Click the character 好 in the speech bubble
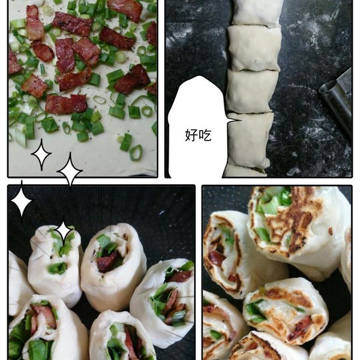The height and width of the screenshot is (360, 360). pyautogui.click(x=191, y=135)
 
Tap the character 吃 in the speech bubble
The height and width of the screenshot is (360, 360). pyautogui.click(x=205, y=135)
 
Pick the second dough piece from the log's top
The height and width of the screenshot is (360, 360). pyautogui.click(x=253, y=48)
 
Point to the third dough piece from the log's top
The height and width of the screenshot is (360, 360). pyautogui.click(x=252, y=91)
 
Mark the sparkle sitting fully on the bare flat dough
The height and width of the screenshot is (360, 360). pyautogui.click(x=41, y=155)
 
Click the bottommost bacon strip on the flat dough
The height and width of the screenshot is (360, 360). pyautogui.click(x=66, y=104)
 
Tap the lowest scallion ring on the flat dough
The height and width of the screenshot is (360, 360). pyautogui.click(x=136, y=152)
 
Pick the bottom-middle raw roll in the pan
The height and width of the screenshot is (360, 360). pyautogui.click(x=122, y=337)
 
